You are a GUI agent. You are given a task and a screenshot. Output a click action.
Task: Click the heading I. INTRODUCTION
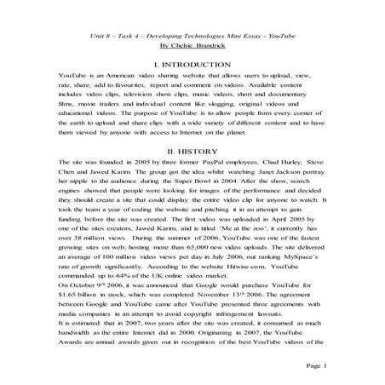click(x=192, y=64)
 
